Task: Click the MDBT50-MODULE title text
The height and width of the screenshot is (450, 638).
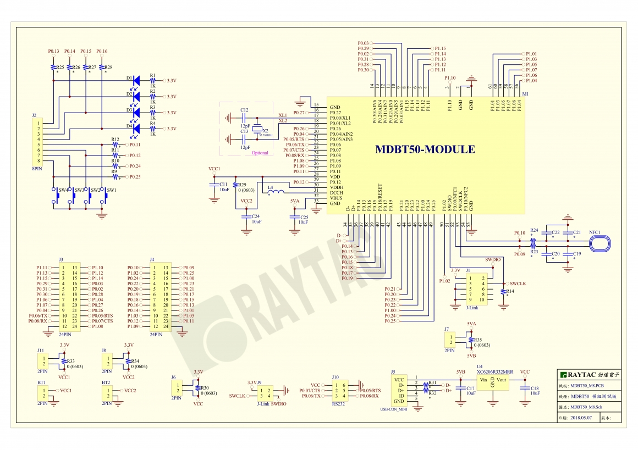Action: [425, 149]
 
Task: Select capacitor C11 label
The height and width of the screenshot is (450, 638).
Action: [223, 184]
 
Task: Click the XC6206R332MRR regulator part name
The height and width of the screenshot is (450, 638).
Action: [495, 371]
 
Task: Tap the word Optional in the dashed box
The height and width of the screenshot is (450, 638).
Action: [260, 153]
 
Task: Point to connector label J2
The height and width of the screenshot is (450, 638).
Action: [34, 116]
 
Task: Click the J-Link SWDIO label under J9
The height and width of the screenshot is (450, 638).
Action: [272, 404]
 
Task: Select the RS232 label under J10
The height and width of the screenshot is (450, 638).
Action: [339, 404]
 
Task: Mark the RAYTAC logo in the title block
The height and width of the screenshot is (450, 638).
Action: [588, 374]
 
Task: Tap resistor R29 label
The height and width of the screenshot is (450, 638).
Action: [243, 185]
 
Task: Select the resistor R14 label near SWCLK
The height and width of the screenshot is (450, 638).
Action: [510, 291]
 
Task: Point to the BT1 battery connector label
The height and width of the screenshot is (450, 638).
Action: [41, 382]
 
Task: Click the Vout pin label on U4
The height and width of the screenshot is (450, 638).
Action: [502, 380]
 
